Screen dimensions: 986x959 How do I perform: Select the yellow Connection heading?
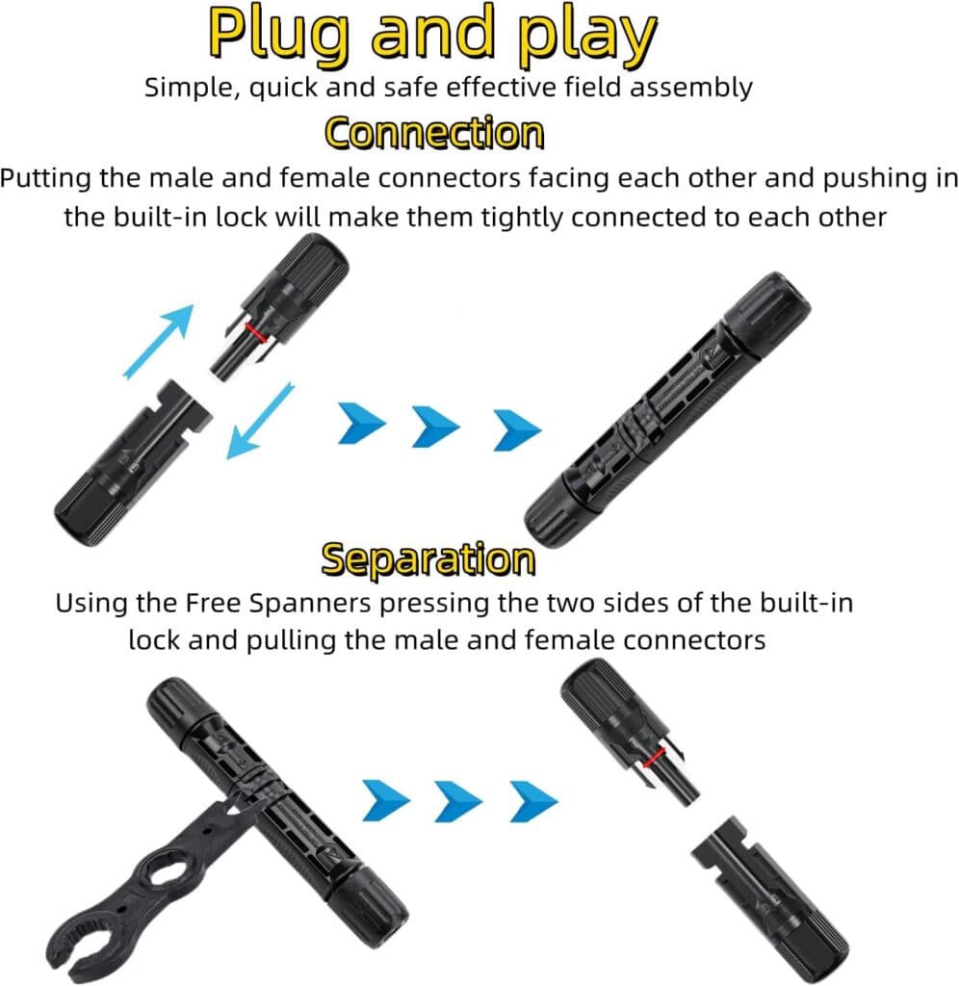point(434,133)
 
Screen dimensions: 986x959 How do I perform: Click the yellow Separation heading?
point(428,558)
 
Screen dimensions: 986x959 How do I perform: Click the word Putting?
point(49,179)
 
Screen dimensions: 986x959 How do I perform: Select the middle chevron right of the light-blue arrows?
point(436,427)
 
